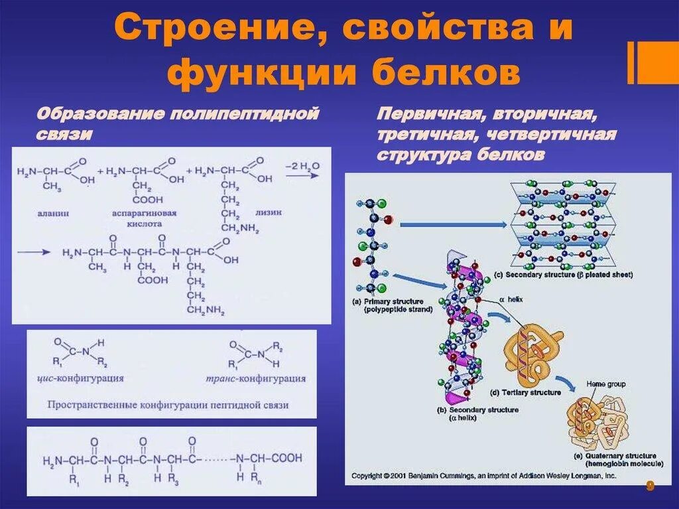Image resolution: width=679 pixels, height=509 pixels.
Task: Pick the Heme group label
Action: (606, 384)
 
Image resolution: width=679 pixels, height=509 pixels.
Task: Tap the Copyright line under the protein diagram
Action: (484, 476)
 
